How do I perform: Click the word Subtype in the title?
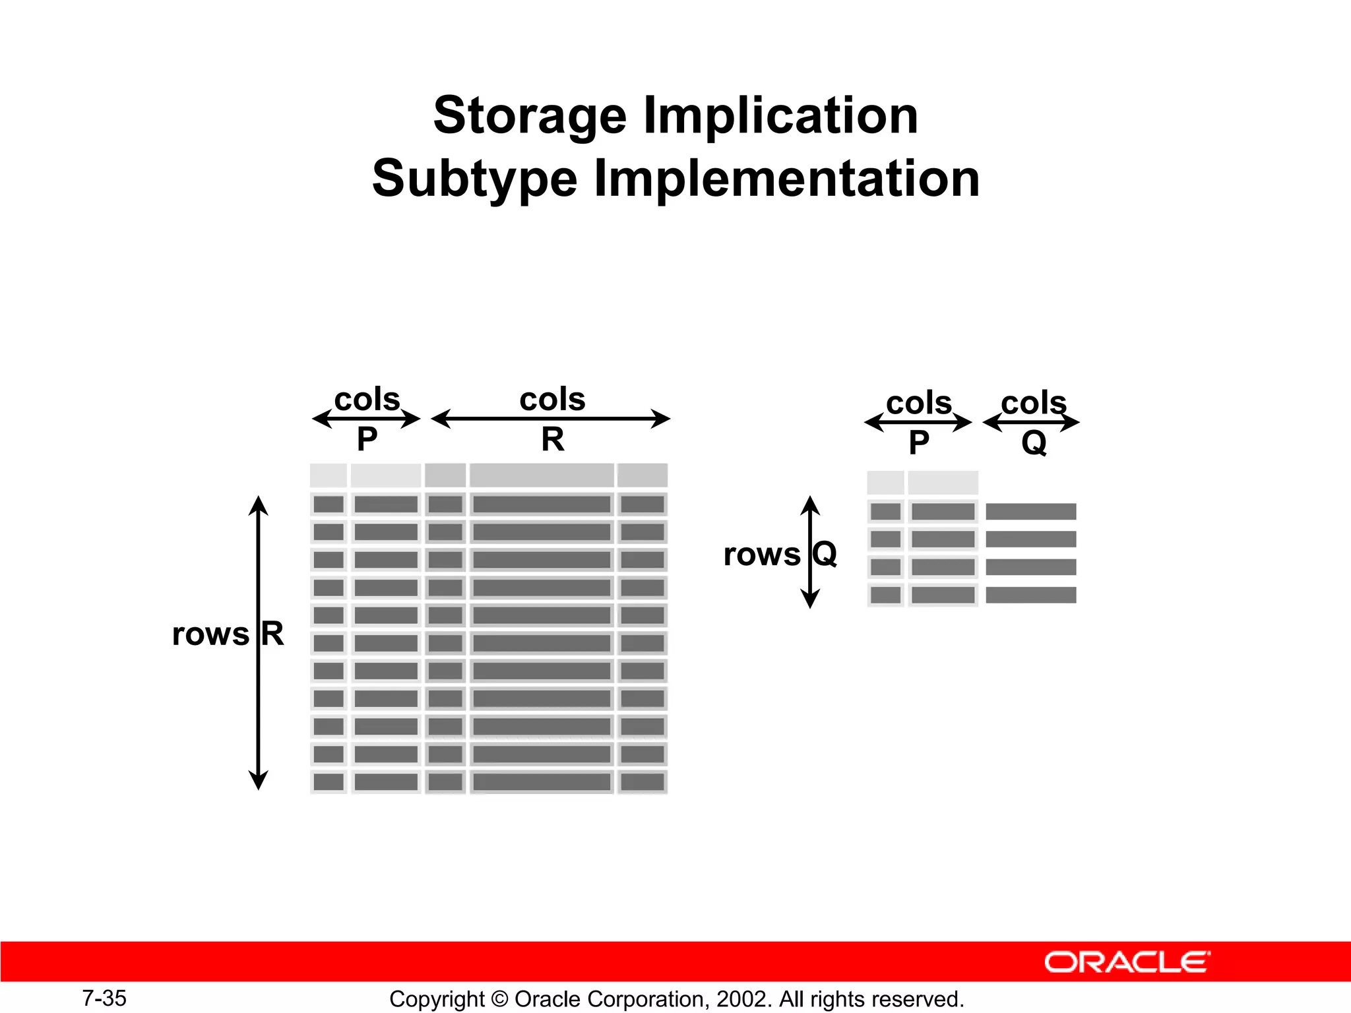pos(474,179)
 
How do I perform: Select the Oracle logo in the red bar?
pos(1127,962)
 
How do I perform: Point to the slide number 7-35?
pos(104,998)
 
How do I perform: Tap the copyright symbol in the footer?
pos(499,999)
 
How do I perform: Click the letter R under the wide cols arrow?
pos(553,439)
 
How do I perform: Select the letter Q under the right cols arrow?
pos(1034,443)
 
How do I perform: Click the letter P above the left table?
pos(367,439)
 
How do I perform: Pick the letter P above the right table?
pos(918,443)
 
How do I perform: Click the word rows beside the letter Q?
pos(761,555)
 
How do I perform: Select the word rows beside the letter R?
pos(210,634)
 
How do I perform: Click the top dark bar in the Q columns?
pos(1030,511)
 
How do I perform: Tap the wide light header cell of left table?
pos(542,475)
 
